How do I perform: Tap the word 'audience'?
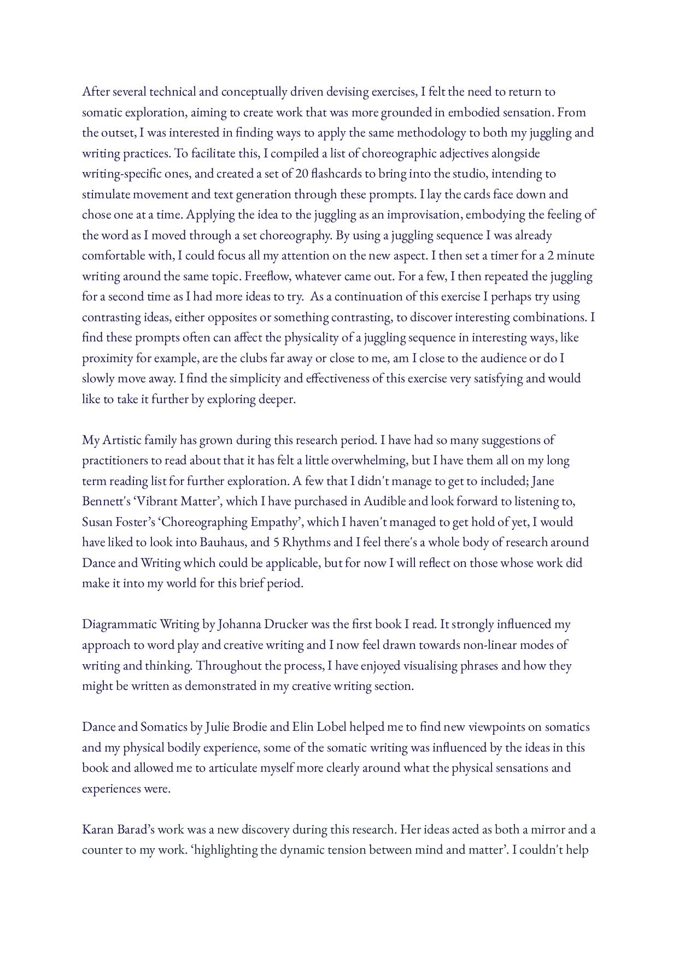pos(502,358)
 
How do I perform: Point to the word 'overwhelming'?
pos(369,460)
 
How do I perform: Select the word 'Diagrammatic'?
pos(119,624)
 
